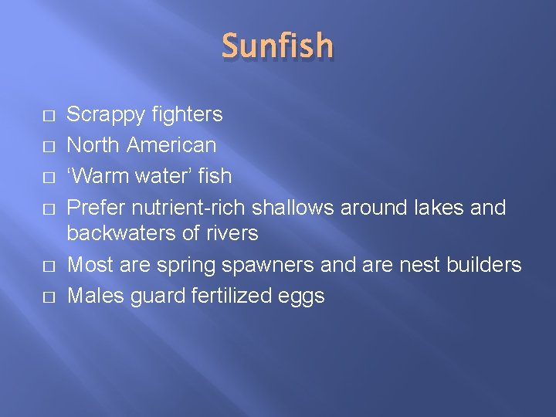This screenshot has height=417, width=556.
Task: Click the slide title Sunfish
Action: coord(278,46)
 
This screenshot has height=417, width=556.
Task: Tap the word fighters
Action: coord(187,115)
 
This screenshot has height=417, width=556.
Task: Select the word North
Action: coord(93,144)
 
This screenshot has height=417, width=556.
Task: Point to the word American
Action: coord(171,144)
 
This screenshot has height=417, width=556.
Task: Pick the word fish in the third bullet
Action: coord(215,175)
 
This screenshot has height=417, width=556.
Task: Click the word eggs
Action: coord(303,297)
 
